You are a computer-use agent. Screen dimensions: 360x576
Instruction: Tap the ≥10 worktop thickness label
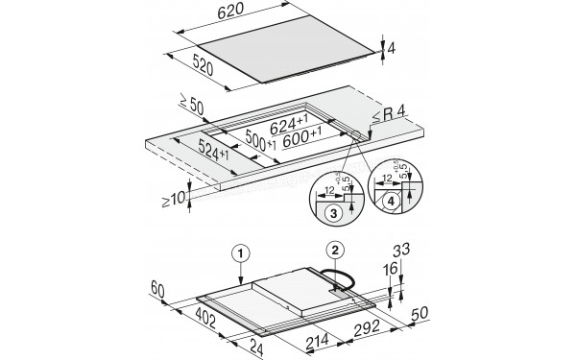pyautogui.click(x=168, y=201)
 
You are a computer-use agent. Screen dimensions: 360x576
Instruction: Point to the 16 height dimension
pyautogui.click(x=389, y=274)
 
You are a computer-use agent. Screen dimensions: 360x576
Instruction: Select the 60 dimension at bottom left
pyautogui.click(x=158, y=289)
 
